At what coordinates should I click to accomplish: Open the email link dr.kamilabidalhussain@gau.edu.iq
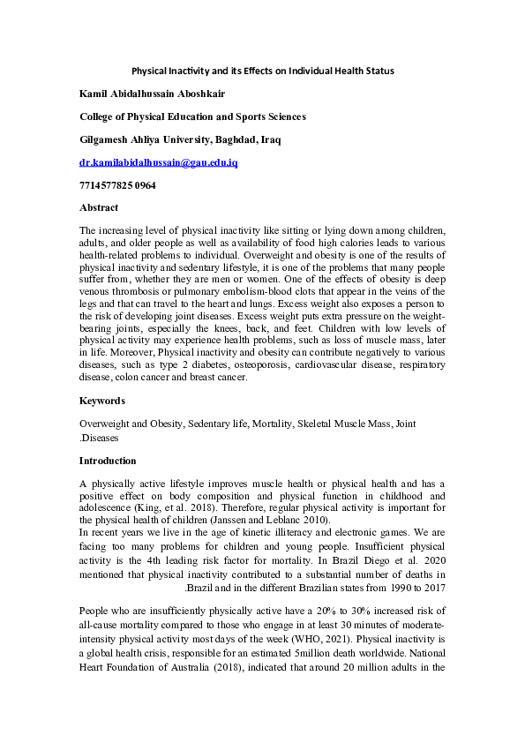[158, 163]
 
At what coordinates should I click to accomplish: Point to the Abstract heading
[99, 209]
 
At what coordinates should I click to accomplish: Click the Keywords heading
[102, 401]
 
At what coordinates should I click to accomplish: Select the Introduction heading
[108, 461]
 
